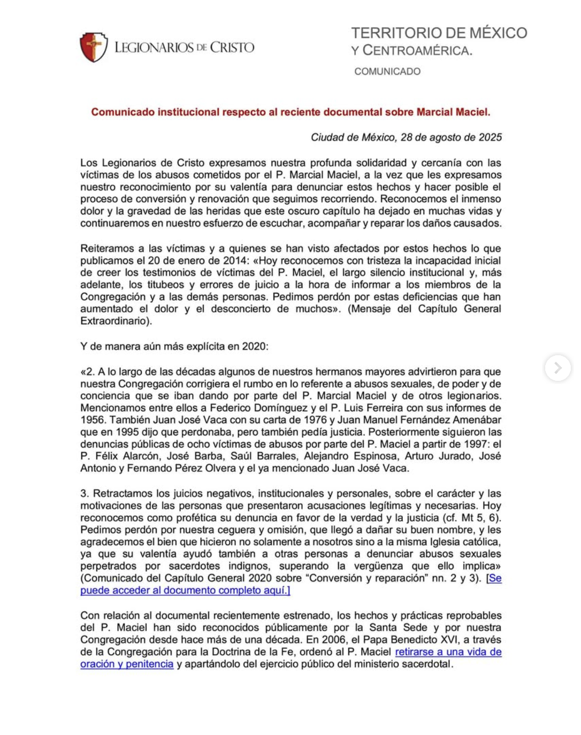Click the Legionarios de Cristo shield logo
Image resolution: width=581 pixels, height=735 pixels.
click(94, 48)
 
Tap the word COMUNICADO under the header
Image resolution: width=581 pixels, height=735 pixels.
click(387, 72)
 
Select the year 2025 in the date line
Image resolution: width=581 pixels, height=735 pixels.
click(490, 137)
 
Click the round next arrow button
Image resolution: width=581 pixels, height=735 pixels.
click(557, 368)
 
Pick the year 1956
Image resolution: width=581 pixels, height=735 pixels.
click(93, 420)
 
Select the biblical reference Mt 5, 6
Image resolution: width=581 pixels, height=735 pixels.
click(478, 518)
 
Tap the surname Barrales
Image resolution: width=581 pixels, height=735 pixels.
click(277, 456)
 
